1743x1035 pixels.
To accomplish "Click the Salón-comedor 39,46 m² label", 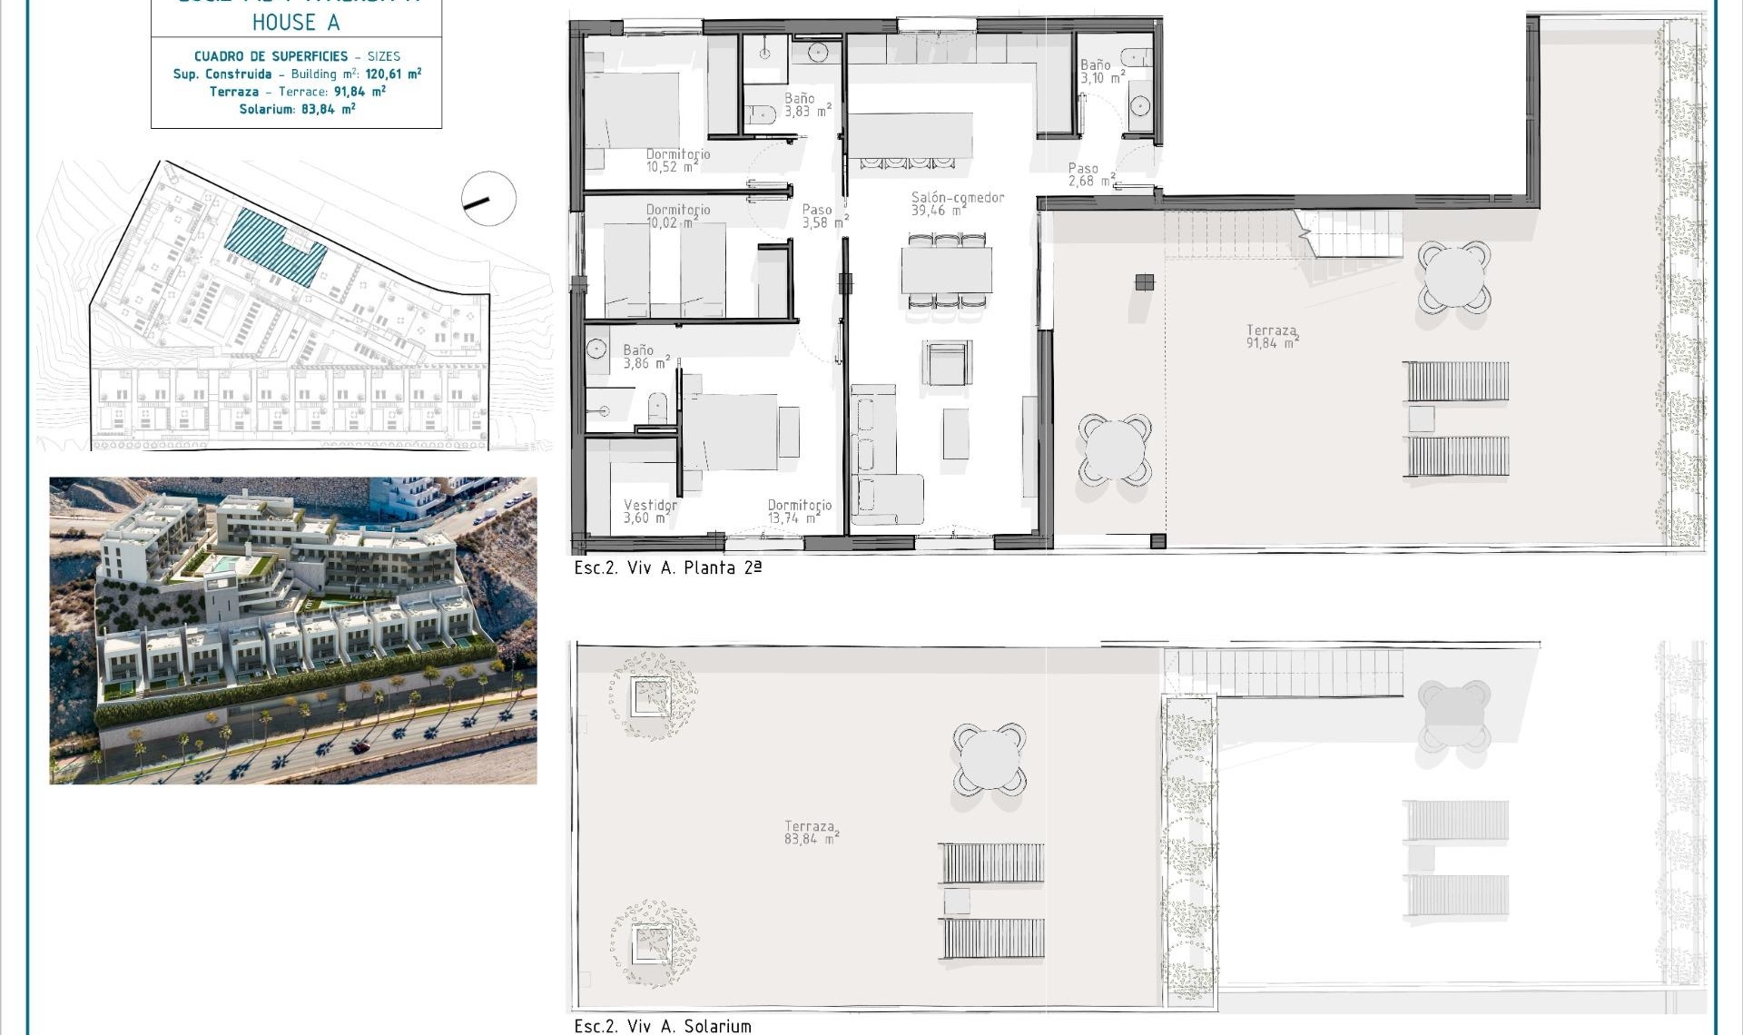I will (x=957, y=203).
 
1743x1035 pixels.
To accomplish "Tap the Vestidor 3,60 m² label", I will (x=649, y=511).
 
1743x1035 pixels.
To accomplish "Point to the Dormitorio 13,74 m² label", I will (x=798, y=511).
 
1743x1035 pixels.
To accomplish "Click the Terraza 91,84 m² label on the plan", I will (x=1271, y=337).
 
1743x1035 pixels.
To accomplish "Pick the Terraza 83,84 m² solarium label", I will (x=811, y=833).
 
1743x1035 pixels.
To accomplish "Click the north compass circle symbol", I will (x=488, y=199).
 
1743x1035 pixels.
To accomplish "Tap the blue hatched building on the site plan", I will (x=274, y=246).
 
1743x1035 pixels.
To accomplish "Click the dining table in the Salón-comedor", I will (x=946, y=270).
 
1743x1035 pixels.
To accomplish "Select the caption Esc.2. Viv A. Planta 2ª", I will (x=667, y=567).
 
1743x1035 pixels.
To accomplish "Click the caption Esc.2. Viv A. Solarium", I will (x=663, y=1025).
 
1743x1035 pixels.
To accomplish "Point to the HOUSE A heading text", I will (x=296, y=22).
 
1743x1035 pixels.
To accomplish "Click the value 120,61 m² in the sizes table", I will (x=393, y=74).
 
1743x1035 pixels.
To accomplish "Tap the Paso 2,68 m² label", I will (x=1090, y=174).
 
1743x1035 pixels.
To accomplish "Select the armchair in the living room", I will (x=948, y=363).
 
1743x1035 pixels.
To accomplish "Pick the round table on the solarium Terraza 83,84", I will (x=990, y=759).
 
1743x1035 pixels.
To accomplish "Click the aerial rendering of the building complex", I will (x=292, y=630).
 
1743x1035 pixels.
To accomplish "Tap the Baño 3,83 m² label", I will (x=807, y=104).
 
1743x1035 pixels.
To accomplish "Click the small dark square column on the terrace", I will (x=1144, y=282).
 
